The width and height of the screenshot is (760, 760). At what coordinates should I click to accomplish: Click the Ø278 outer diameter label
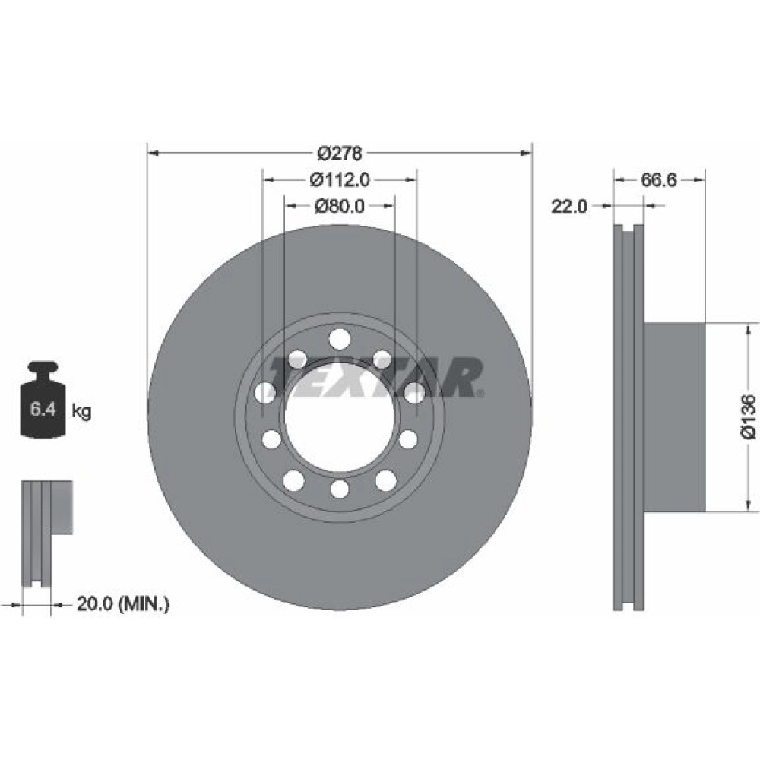[340, 154]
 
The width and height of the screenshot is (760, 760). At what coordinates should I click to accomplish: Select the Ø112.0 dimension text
[340, 180]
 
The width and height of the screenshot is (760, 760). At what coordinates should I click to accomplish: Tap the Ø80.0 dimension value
[340, 206]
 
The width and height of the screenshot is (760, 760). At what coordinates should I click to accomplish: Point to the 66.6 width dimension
[659, 180]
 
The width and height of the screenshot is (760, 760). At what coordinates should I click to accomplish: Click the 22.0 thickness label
[568, 207]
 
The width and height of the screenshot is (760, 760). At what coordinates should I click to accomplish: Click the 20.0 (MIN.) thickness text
[123, 604]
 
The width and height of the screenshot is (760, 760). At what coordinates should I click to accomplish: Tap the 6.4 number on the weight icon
[43, 410]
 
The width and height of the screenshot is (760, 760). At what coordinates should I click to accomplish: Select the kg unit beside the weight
[81, 411]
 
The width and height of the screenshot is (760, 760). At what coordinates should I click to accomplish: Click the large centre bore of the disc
[339, 416]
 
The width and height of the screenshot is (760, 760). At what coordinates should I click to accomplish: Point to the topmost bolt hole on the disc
[339, 339]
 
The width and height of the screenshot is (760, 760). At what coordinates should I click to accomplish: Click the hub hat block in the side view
[674, 416]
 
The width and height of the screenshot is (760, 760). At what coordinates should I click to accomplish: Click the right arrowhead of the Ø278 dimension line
[526, 154]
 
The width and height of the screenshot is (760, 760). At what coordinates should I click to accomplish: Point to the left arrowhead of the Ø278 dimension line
[154, 154]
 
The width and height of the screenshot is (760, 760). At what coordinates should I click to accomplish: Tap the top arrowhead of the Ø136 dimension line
[748, 330]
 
